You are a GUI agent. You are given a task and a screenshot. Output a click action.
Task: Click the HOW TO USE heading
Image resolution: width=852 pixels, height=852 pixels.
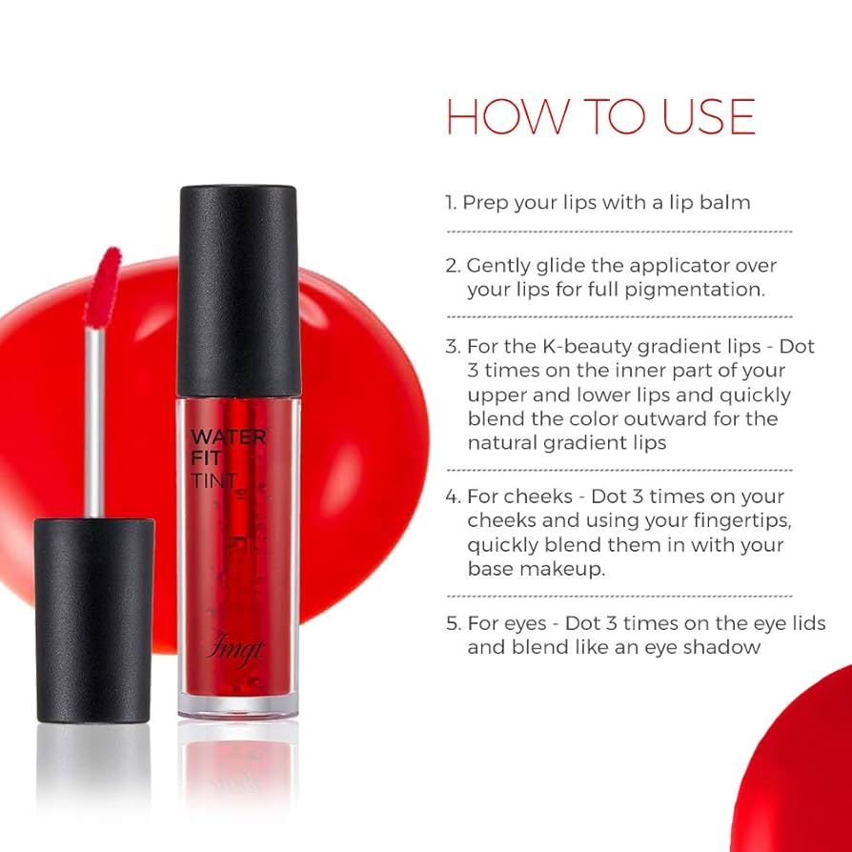pos(600,116)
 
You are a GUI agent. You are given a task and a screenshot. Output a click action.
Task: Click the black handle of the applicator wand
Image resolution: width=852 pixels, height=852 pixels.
pos(94,619)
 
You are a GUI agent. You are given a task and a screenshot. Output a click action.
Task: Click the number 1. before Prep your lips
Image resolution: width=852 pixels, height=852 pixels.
pos(451,203)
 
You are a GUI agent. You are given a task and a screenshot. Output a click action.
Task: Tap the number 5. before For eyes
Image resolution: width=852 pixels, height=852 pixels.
pos(454,623)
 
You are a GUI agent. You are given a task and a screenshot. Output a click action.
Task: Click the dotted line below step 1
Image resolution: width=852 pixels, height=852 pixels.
pos(619,232)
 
